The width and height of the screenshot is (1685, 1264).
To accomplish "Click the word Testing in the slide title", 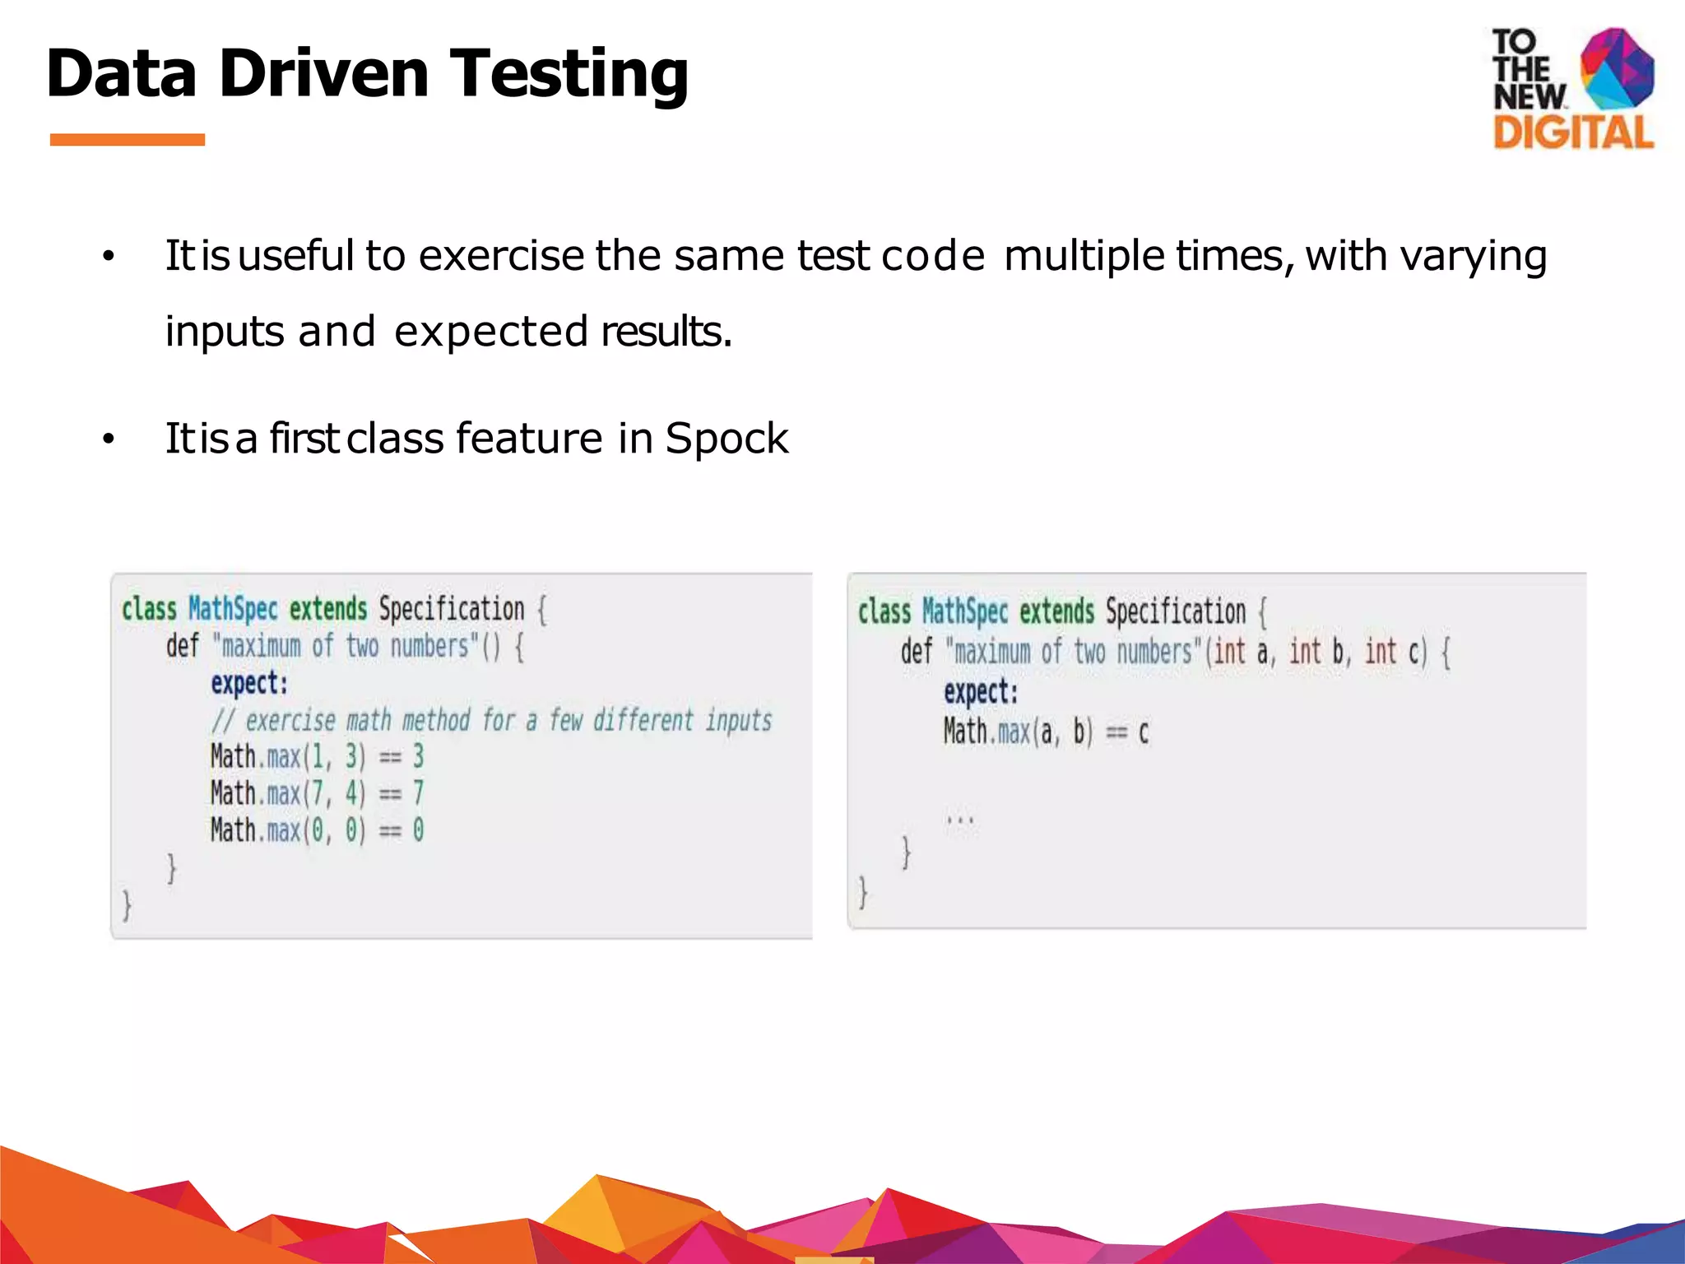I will point(569,74).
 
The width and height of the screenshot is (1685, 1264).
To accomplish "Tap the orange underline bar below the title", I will point(127,140).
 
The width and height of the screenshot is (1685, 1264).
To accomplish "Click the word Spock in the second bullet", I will point(726,438).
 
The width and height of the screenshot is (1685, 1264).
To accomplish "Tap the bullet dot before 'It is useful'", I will point(108,258).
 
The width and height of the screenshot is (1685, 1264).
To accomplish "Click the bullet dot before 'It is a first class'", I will point(108,440).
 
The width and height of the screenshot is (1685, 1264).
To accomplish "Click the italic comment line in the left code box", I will point(491,721).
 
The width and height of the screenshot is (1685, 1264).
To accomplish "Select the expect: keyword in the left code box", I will point(249,684).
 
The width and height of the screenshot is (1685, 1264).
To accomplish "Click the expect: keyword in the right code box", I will point(981,691).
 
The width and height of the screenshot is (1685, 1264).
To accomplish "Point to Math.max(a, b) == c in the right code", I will point(1045,732).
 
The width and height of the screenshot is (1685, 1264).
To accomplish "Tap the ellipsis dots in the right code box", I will point(959,820).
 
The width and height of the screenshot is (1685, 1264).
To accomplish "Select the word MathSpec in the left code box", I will point(233,609).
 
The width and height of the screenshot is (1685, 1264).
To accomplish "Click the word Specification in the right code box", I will point(1175,611).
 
